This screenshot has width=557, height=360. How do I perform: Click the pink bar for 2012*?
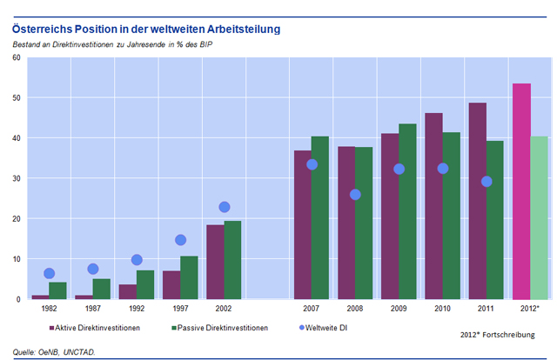(x=521, y=191)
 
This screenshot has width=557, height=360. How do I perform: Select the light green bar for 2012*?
(x=539, y=217)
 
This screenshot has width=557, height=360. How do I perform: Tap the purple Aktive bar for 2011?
(x=477, y=201)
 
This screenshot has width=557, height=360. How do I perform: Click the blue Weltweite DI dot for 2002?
(x=224, y=207)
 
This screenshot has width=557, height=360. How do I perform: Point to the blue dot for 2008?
(x=355, y=194)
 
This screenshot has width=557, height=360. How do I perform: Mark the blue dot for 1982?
(x=49, y=274)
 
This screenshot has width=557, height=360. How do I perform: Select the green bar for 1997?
(x=189, y=277)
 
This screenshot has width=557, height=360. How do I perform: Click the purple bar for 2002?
(x=215, y=262)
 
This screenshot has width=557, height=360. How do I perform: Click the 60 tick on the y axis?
(x=16, y=57)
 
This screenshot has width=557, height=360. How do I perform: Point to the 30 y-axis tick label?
(x=16, y=178)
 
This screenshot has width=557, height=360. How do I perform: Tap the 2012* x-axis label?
(x=529, y=309)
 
